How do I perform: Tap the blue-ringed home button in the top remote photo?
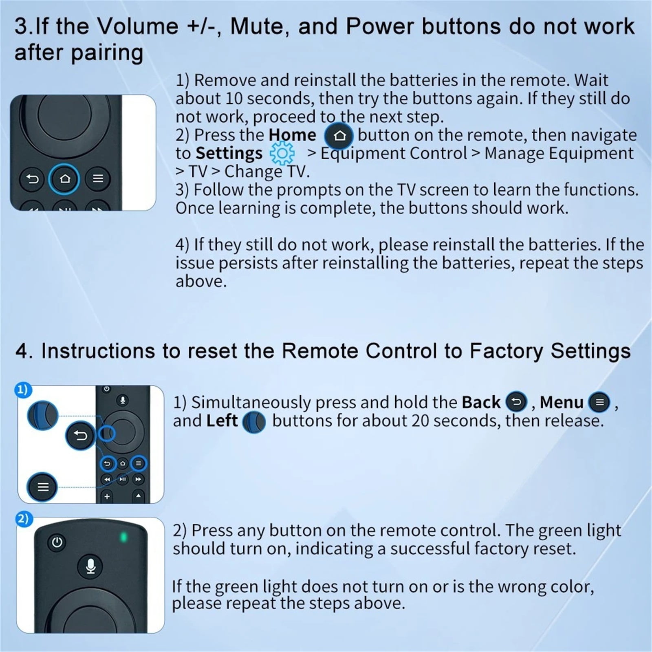[x=64, y=178]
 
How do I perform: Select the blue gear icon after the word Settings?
[x=282, y=154]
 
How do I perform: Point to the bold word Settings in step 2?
[x=229, y=154]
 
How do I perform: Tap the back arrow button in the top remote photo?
[x=32, y=179]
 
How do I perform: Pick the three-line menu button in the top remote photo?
[x=97, y=178]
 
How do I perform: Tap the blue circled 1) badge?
[x=23, y=390]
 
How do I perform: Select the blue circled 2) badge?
[x=23, y=519]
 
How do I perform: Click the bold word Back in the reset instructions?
[x=481, y=403]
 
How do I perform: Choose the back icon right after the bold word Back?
[x=516, y=402]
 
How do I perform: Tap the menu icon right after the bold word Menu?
[x=599, y=402]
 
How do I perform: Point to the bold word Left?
[x=222, y=421]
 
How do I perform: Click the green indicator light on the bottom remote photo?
[x=123, y=537]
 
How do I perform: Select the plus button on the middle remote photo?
[x=107, y=496]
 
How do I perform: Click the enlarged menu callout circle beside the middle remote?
[x=42, y=487]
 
